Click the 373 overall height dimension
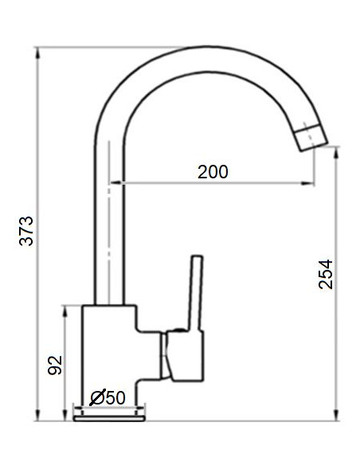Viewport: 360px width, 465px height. (x=26, y=230)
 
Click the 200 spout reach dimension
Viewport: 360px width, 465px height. (x=213, y=171)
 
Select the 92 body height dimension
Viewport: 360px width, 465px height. (x=54, y=365)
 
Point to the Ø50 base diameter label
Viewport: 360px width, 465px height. (x=108, y=397)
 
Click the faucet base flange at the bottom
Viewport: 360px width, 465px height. (x=110, y=413)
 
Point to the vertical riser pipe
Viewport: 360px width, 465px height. (x=111, y=231)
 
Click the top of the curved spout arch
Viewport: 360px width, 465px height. (x=199, y=56)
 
